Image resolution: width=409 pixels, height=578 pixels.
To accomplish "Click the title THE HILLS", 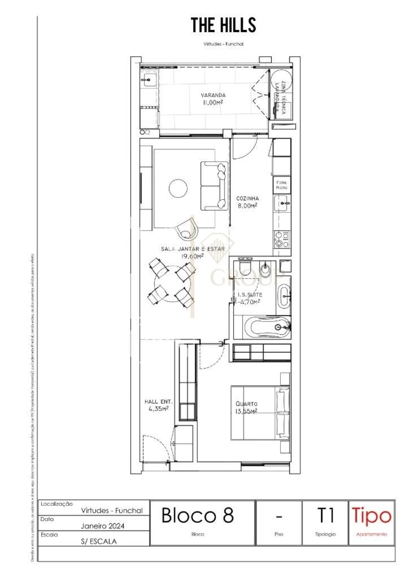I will point(223,25).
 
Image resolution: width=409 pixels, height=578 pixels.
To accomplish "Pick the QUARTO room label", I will point(246,407).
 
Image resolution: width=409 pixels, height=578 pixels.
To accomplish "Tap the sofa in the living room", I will point(214,186).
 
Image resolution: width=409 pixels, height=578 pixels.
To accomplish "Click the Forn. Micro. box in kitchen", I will point(282,185).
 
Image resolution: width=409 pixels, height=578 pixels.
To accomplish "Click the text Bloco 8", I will point(198,516).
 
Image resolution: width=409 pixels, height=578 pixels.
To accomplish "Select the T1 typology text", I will point(325,516).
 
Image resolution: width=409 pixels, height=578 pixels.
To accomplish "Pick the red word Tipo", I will point(371,516).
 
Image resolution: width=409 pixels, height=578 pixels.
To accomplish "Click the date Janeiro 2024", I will point(103,526).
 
